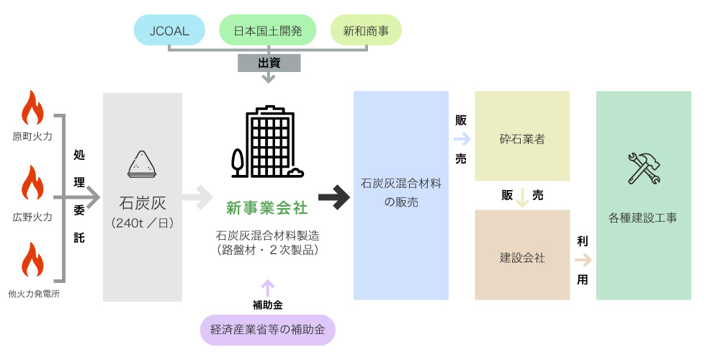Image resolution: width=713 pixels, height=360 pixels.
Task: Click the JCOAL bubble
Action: coord(171,30)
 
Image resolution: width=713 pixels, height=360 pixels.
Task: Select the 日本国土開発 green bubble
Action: coord(268,30)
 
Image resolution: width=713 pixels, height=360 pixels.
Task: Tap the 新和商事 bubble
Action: coord(366,30)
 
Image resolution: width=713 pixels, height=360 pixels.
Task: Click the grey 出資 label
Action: coord(269,63)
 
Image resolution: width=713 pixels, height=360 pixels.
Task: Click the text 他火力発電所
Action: coord(33,293)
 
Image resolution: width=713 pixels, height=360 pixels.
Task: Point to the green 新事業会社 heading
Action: coord(267,208)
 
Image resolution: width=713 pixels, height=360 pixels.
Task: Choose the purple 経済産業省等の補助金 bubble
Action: coord(268,330)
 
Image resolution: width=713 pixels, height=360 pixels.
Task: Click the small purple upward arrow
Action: coord(268,287)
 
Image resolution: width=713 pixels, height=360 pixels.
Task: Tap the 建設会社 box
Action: coord(522,257)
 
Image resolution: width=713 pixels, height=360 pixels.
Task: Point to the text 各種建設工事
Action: coord(643,217)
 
